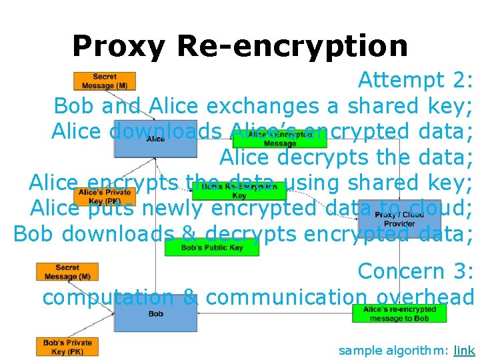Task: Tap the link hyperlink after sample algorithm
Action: click(x=464, y=350)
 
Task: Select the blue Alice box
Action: click(x=155, y=139)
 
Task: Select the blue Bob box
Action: click(x=155, y=313)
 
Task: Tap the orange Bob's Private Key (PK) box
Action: click(x=67, y=347)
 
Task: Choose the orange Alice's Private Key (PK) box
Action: click(x=105, y=196)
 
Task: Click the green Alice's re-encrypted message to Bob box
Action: click(x=399, y=313)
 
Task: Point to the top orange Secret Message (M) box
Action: click(x=105, y=81)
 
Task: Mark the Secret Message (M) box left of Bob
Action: click(x=67, y=272)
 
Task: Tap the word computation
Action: click(x=109, y=297)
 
